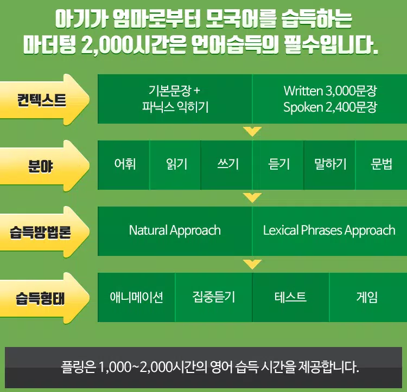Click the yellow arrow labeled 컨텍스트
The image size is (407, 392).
coord(44,100)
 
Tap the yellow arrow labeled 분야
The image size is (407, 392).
coord(44,166)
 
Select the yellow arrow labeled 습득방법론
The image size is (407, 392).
coord(44,232)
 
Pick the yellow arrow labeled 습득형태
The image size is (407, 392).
coord(44,298)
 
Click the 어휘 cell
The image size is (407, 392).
coord(124,165)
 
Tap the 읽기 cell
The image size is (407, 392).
coord(175,165)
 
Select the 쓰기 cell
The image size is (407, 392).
coord(227,165)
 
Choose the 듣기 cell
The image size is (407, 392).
coord(278,165)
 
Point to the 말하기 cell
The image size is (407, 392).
coord(329,165)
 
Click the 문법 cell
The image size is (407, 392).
coord(381,165)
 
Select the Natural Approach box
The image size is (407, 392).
coord(175,231)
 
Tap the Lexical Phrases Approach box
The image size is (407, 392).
coord(329,231)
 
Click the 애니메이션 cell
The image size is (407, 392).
coord(137,297)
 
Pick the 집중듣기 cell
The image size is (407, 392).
coord(214,297)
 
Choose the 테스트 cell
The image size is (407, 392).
coord(291,297)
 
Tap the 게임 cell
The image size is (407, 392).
coord(368,297)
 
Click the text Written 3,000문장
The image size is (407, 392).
coord(330,91)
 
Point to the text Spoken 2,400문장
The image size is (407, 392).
coord(330,107)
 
